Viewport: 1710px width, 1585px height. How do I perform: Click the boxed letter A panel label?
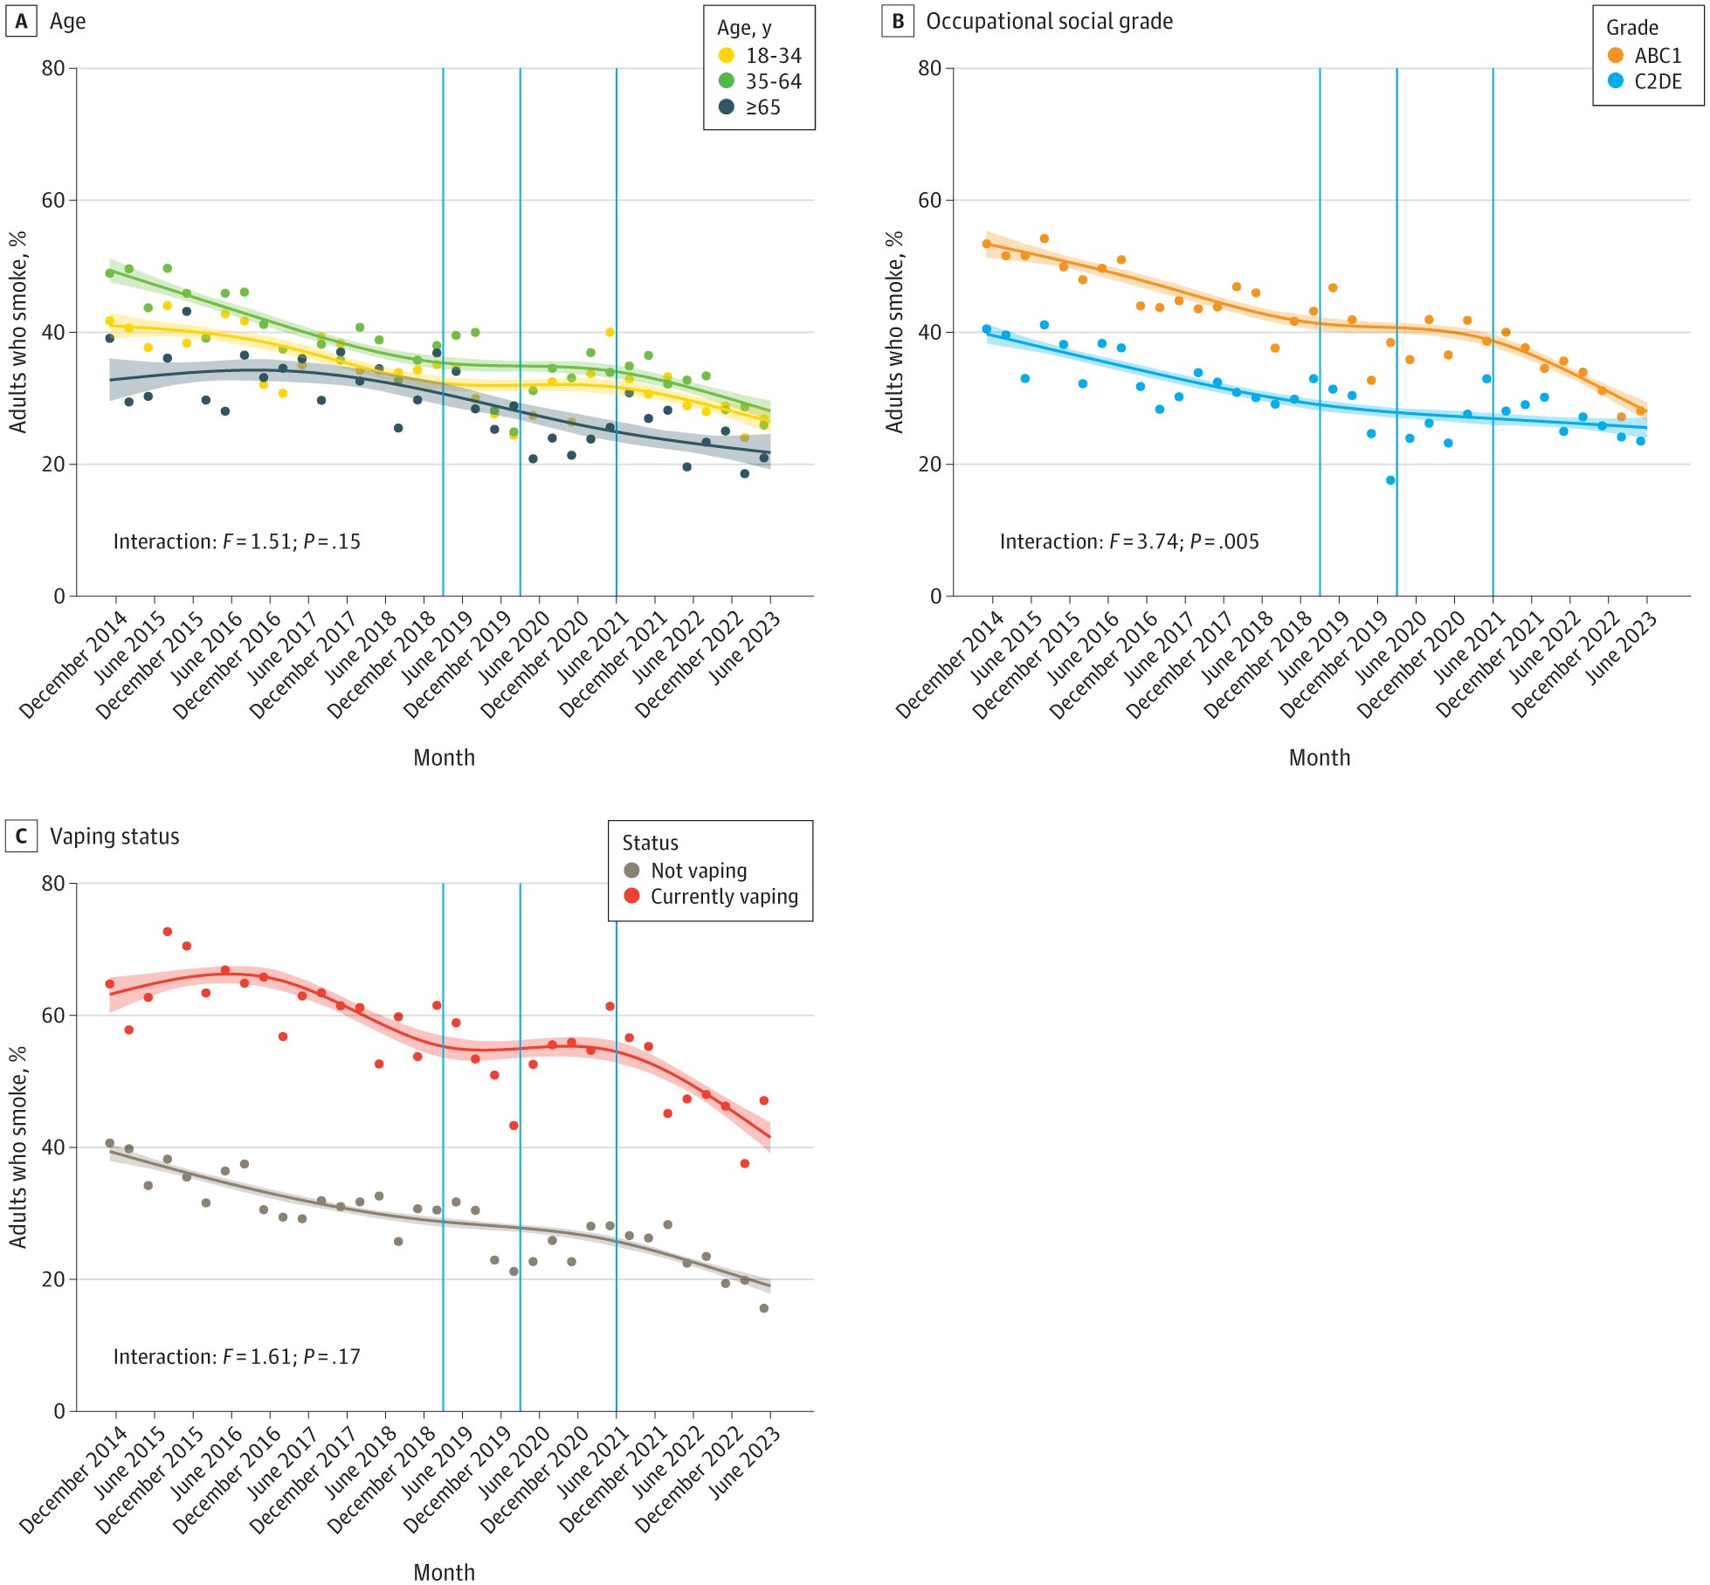(21, 22)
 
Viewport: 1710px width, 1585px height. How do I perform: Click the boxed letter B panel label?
(897, 22)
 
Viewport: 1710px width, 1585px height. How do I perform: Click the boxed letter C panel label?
(21, 837)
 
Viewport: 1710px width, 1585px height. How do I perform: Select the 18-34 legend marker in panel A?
(726, 55)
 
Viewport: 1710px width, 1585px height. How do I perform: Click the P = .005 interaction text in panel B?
(1224, 541)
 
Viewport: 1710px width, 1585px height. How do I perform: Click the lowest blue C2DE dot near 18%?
(1389, 480)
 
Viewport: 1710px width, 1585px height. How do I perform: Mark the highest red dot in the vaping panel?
(167, 932)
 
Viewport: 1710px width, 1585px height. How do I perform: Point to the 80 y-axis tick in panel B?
(929, 68)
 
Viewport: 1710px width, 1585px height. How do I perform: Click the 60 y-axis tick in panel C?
(53, 1015)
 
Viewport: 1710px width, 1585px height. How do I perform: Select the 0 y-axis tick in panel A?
(59, 596)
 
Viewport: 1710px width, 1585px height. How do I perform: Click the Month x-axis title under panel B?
(1319, 758)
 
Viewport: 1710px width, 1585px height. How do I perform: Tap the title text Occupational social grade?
(1049, 22)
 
